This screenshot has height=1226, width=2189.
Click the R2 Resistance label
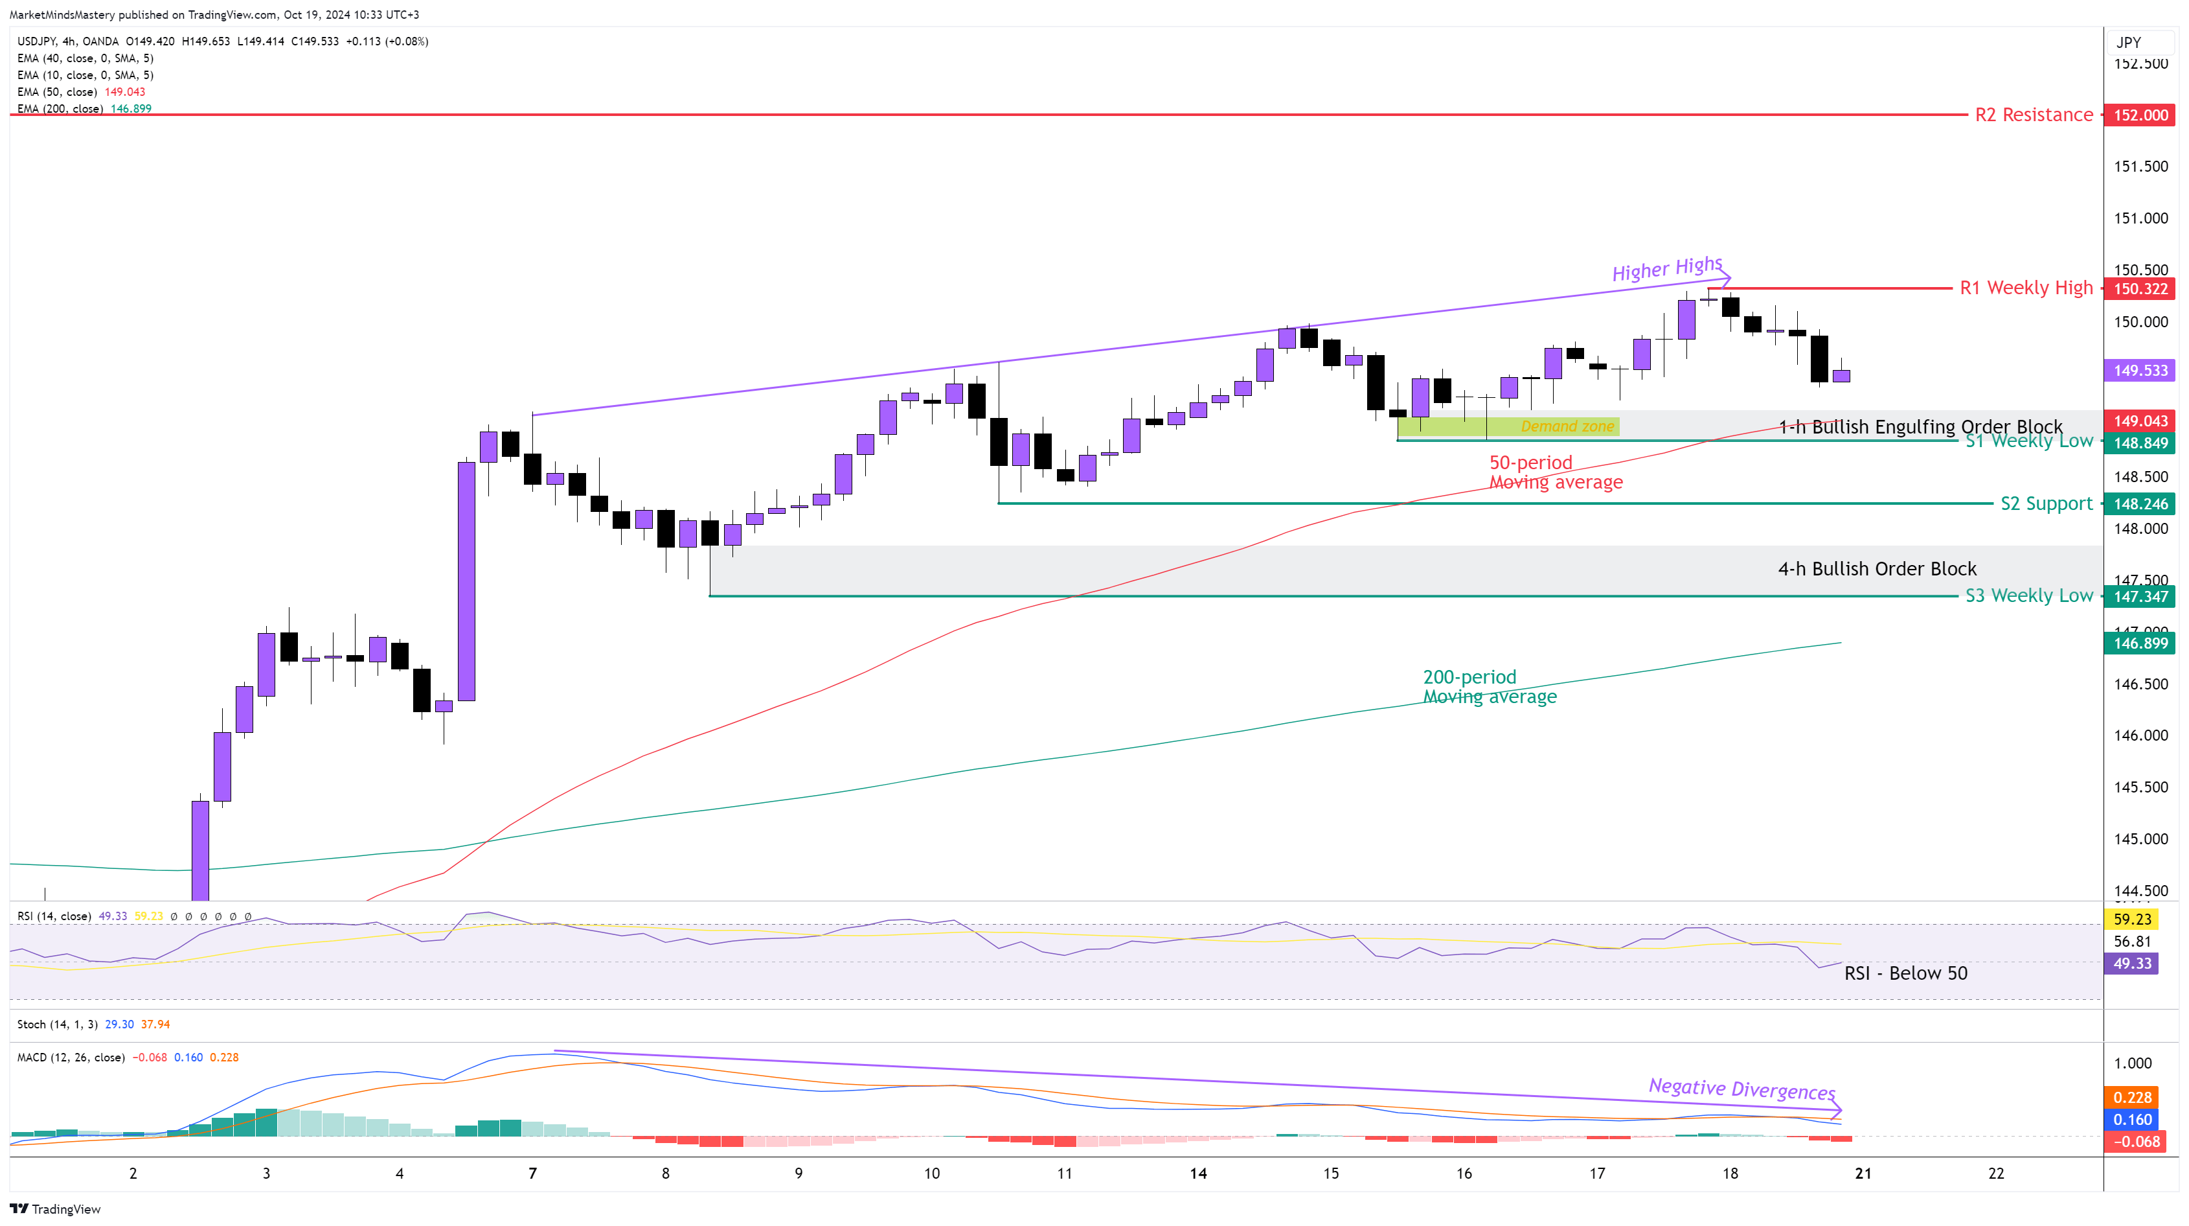point(2034,115)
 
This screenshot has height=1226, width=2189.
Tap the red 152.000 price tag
point(2140,115)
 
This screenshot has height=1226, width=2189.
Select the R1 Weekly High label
point(2026,288)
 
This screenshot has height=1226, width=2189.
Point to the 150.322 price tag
point(2140,289)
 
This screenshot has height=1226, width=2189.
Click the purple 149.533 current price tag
point(2140,371)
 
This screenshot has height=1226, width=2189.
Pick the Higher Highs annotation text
point(1667,270)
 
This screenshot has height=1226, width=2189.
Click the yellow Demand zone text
point(1567,427)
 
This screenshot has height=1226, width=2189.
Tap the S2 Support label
point(2047,503)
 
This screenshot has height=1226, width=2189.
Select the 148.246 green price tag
point(2140,504)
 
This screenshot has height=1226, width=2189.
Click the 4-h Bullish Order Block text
point(1877,569)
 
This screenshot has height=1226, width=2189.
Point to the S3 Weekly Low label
point(2028,596)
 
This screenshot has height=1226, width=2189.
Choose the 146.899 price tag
point(2140,643)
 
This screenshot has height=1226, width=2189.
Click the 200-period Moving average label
point(1490,687)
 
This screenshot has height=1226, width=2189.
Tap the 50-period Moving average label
point(1555,473)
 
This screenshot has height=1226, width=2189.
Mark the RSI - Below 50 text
point(1905,973)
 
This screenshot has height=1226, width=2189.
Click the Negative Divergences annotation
point(1741,1089)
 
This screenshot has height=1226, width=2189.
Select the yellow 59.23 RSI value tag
point(2132,919)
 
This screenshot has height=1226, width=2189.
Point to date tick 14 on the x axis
point(1198,1174)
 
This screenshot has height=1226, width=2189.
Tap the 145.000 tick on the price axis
point(2140,839)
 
